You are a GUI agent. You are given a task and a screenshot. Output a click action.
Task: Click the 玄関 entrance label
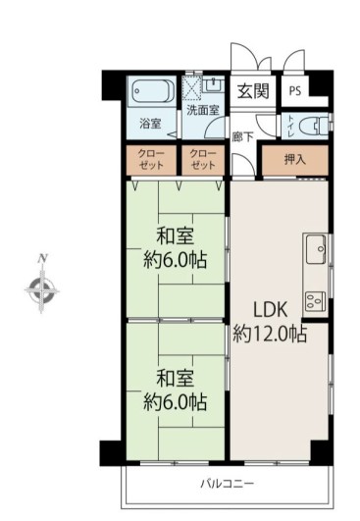[253, 90]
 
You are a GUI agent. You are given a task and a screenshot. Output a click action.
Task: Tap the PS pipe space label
[295, 90]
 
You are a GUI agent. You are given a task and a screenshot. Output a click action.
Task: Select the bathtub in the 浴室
[153, 91]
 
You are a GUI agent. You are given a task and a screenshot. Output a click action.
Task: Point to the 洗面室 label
[203, 110]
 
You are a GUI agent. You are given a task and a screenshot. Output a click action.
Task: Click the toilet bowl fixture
[313, 127]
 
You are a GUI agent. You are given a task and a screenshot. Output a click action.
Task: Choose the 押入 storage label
[294, 160]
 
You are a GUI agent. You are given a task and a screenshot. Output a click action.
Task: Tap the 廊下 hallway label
[243, 136]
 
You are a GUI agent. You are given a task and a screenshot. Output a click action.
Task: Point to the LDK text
[270, 310]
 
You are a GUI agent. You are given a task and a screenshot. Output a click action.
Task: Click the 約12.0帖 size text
[270, 334]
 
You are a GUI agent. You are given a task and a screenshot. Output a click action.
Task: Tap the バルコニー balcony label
[228, 483]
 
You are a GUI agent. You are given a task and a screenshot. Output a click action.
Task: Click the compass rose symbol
[42, 291]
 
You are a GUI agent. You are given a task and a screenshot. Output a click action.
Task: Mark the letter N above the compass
[42, 258]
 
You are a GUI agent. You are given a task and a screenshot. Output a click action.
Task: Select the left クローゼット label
[151, 160]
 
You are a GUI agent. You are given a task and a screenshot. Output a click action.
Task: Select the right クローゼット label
[203, 160]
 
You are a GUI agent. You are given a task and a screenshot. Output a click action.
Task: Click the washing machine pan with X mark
[192, 88]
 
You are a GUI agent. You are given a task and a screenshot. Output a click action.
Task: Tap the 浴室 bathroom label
[150, 124]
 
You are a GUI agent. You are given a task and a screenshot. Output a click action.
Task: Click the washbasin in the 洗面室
[213, 84]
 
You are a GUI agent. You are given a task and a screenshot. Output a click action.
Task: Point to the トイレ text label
[290, 127]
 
